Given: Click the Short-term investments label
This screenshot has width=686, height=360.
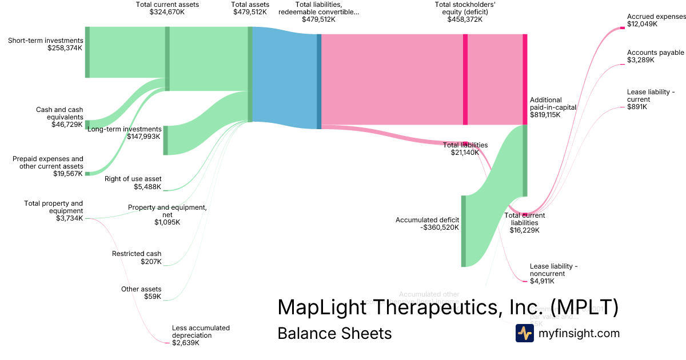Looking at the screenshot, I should point(46,41).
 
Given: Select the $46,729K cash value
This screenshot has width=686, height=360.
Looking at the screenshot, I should point(67,125).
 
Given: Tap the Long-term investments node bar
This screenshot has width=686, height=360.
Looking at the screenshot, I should point(166,140).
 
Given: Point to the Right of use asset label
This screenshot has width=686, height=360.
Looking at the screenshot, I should point(133,179).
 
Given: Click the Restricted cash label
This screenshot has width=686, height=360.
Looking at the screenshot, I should point(137,254).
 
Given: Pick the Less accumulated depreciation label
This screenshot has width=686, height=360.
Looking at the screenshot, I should point(201,331).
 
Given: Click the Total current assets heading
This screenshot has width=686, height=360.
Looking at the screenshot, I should point(167,5).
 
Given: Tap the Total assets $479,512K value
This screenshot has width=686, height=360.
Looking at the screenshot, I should point(250,12).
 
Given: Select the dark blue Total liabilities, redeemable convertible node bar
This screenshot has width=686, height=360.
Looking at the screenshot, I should point(319,81).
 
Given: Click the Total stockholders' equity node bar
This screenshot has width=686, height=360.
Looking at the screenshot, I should point(465,79).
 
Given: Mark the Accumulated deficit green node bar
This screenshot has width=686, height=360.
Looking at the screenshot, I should point(464,231).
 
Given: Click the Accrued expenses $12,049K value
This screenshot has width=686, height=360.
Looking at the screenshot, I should point(642,25).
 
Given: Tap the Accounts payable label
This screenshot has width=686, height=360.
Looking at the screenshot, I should point(655,53).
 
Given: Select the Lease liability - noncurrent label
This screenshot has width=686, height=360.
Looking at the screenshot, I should point(553,270).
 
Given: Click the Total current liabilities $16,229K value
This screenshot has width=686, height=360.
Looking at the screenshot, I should point(525,230).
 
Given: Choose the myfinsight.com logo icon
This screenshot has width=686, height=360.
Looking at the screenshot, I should point(524,333).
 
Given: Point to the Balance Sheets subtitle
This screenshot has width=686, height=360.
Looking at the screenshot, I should point(334,333).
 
